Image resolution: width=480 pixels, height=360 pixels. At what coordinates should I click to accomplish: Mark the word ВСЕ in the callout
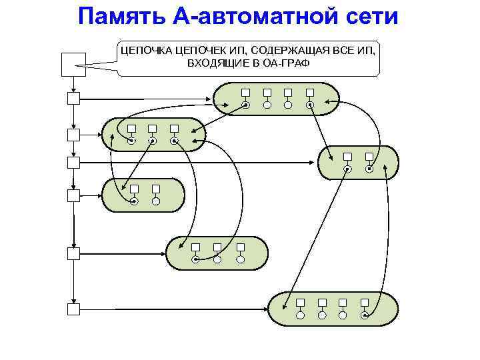click(344, 50)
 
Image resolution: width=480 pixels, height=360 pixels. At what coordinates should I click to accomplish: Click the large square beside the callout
click(73, 64)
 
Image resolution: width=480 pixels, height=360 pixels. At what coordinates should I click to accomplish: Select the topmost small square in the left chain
click(73, 99)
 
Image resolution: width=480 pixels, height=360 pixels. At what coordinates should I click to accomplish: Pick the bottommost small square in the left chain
click(73, 309)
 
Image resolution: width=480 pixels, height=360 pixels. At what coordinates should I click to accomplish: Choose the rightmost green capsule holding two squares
click(358, 163)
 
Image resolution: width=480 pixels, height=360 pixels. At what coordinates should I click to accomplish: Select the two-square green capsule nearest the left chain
click(143, 195)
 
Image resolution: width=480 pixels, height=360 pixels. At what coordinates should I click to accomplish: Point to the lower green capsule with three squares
click(217, 253)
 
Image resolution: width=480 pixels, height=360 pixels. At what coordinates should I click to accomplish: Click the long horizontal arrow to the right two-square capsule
click(200, 162)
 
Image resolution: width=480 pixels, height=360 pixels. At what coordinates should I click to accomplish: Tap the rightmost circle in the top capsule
click(309, 105)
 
